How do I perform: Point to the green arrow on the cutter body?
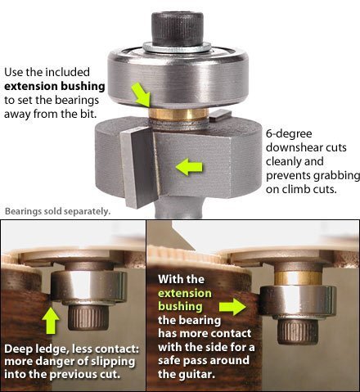pos(189,167)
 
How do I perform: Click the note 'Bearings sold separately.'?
pos(57,211)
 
